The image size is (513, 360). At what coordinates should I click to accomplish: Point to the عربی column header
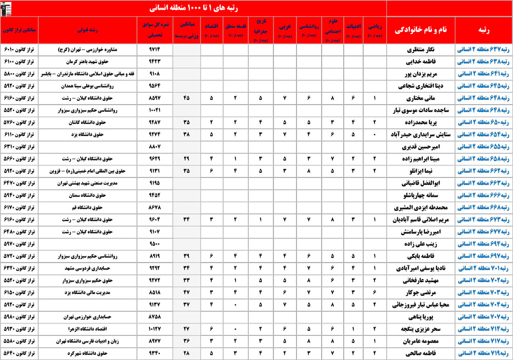pyautogui.click(x=285, y=30)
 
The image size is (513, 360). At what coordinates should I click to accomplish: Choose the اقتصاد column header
pyautogui.click(x=212, y=30)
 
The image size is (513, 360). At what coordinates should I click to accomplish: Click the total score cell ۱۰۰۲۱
pyautogui.click(x=154, y=110)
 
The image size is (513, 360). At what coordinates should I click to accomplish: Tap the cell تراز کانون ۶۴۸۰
pyautogui.click(x=19, y=232)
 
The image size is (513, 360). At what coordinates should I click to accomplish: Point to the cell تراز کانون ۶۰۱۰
pyautogui.click(x=19, y=51)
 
